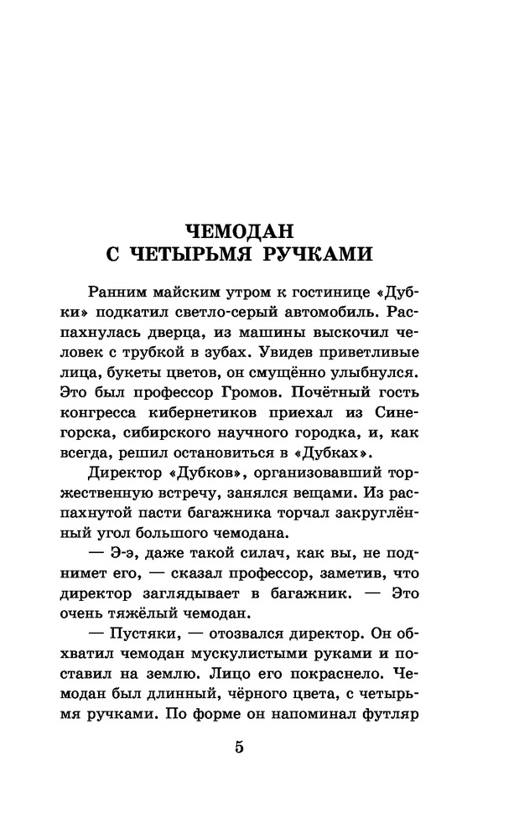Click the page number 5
pyautogui.click(x=240, y=748)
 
